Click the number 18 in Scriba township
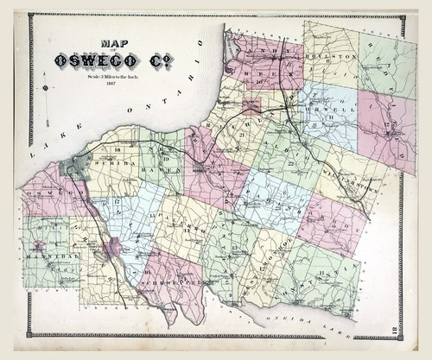click(118, 150)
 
